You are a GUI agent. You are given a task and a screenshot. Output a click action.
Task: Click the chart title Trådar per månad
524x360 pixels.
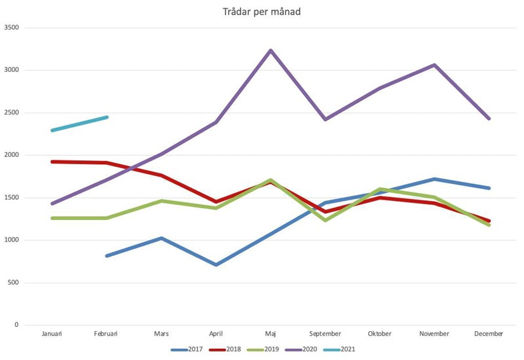point(262,12)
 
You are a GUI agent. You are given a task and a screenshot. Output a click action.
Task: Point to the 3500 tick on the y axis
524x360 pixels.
point(12,27)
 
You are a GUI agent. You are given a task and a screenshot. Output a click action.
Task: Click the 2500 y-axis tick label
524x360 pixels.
point(12,113)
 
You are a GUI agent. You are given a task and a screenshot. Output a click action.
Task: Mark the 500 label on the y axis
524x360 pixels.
point(14,283)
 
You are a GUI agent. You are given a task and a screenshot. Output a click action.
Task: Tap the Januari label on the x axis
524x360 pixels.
point(51,334)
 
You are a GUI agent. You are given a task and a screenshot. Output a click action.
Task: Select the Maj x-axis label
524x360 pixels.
point(271,334)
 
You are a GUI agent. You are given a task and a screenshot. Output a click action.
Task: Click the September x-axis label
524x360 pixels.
point(325,334)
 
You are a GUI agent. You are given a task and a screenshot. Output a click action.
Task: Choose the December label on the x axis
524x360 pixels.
point(489,334)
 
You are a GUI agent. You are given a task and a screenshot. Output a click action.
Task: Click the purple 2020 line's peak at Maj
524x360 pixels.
point(271,50)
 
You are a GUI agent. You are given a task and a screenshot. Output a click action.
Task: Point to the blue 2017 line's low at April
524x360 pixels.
point(215,264)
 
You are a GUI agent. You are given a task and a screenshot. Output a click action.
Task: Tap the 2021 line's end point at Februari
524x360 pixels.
point(106,117)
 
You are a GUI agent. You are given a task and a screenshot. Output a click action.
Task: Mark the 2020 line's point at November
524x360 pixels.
point(434,65)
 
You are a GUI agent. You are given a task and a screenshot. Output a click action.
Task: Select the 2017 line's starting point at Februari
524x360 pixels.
point(106,255)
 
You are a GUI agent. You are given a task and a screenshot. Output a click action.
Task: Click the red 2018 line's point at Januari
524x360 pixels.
point(51,162)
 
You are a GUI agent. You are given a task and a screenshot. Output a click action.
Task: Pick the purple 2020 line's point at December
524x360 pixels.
point(489,118)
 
